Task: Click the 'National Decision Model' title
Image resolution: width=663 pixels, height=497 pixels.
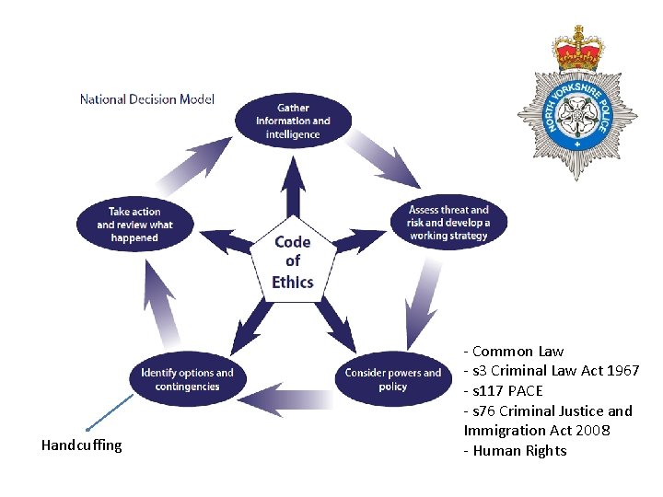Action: [x=146, y=99]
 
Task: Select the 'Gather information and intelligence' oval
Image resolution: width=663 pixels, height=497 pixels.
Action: [x=293, y=121]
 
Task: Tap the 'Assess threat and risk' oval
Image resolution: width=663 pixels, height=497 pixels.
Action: [x=449, y=223]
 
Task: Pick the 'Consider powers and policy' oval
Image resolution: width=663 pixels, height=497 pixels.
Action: [x=392, y=379]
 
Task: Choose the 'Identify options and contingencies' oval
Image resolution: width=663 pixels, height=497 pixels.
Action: [x=187, y=379]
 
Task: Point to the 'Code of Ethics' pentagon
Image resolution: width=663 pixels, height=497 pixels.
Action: [x=293, y=261]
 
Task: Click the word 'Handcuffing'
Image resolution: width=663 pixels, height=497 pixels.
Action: [x=81, y=445]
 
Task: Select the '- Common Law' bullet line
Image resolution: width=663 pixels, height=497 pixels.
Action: [x=513, y=351]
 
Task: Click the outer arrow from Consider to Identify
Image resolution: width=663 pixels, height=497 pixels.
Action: [x=290, y=397]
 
